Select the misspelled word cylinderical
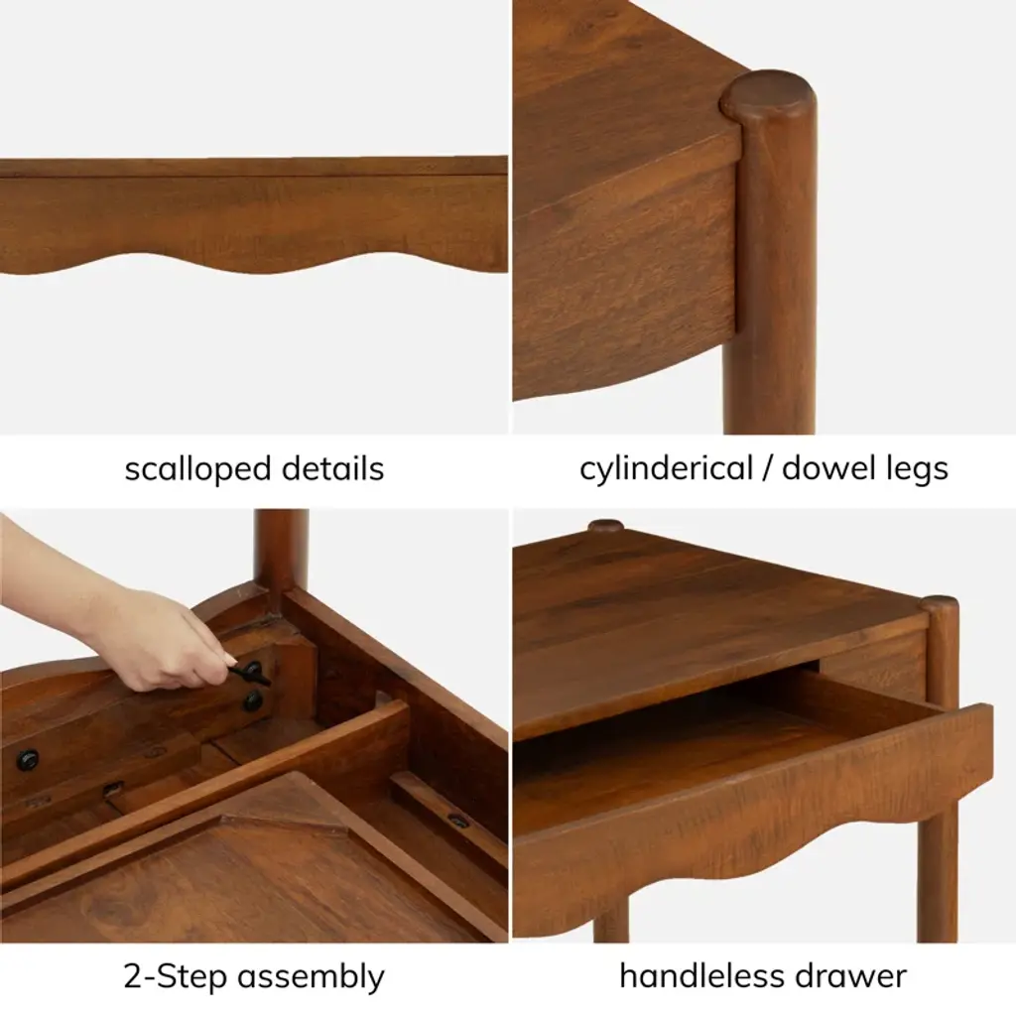[x=666, y=469]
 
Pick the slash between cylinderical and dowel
[x=767, y=469]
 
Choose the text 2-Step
[x=174, y=977]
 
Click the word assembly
[x=311, y=977]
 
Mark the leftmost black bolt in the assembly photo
[x=27, y=759]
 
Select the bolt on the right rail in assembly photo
[x=458, y=821]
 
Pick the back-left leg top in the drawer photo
[x=606, y=525]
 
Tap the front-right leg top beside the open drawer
[x=940, y=604]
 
